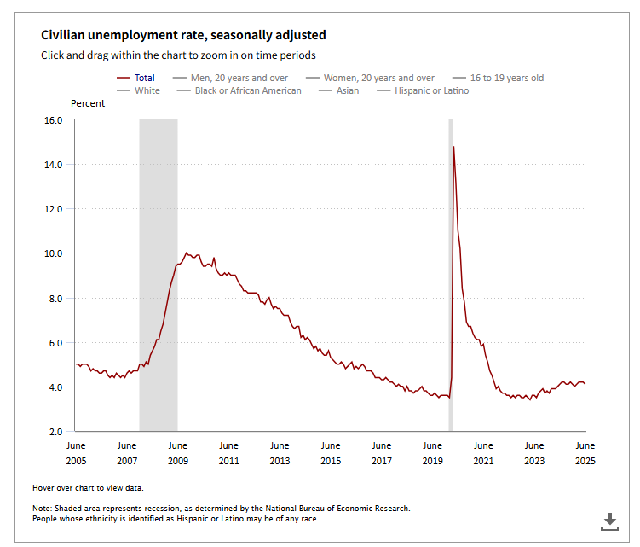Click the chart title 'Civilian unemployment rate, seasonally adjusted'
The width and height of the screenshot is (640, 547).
pyautogui.click(x=183, y=35)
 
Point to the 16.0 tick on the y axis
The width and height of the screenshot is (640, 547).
pyautogui.click(x=53, y=119)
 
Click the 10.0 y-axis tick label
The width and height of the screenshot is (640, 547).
pyautogui.click(x=53, y=253)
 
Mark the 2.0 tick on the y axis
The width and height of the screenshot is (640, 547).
pyautogui.click(x=55, y=432)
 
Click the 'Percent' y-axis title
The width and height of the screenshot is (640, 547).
pyautogui.click(x=88, y=103)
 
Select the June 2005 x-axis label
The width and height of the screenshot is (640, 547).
pyautogui.click(x=75, y=453)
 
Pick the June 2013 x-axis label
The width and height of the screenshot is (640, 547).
pyautogui.click(x=280, y=453)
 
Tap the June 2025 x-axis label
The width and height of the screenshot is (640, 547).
pyautogui.click(x=585, y=453)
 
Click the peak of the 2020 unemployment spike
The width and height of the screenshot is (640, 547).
pyautogui.click(x=453, y=147)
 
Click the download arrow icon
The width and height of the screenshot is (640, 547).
pyautogui.click(x=609, y=521)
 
